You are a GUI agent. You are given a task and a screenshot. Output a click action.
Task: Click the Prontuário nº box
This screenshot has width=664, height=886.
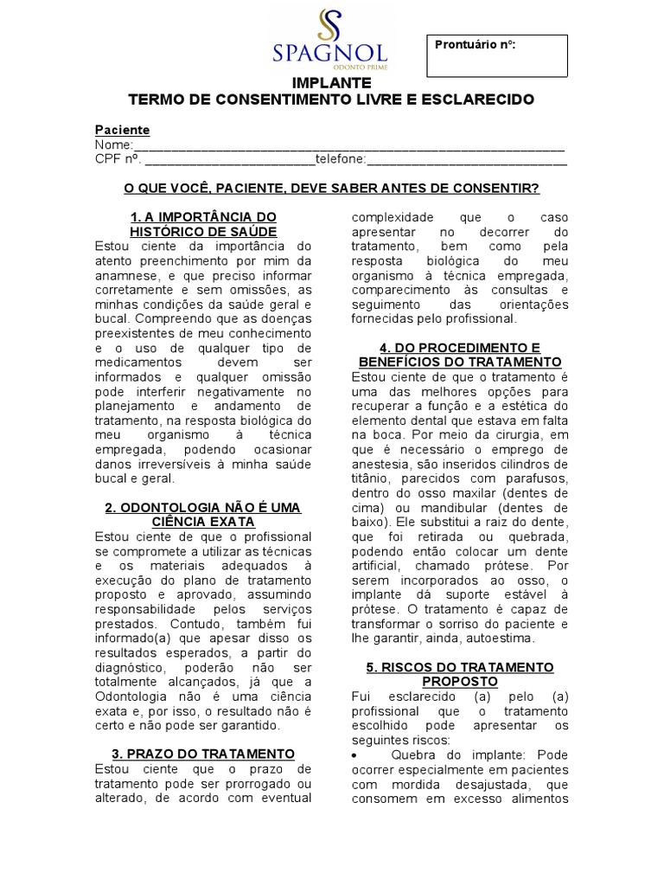497,56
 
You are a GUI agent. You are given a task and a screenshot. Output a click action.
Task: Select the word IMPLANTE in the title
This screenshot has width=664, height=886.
331,83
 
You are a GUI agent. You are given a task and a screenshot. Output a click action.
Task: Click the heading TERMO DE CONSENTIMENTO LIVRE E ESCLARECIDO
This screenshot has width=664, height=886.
331,100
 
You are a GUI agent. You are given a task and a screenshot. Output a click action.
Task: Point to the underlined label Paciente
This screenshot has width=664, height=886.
122,130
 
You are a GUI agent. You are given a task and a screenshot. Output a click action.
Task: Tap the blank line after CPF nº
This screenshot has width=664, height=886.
229,159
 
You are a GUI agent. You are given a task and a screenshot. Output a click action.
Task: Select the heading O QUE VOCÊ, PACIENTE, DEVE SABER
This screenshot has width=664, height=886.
331,188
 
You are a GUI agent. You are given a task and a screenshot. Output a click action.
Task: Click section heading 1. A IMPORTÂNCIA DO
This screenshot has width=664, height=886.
203,216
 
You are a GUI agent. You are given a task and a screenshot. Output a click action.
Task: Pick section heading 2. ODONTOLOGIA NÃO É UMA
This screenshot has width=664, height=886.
203,506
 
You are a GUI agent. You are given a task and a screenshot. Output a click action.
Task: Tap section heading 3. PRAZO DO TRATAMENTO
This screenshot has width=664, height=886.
203,754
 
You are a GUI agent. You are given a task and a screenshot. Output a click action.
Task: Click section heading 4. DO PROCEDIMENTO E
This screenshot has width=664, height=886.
459,347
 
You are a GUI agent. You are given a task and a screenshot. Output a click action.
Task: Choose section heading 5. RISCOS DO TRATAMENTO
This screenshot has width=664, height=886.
459,668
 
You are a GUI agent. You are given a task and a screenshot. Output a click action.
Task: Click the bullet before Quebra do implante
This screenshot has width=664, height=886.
355,754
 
